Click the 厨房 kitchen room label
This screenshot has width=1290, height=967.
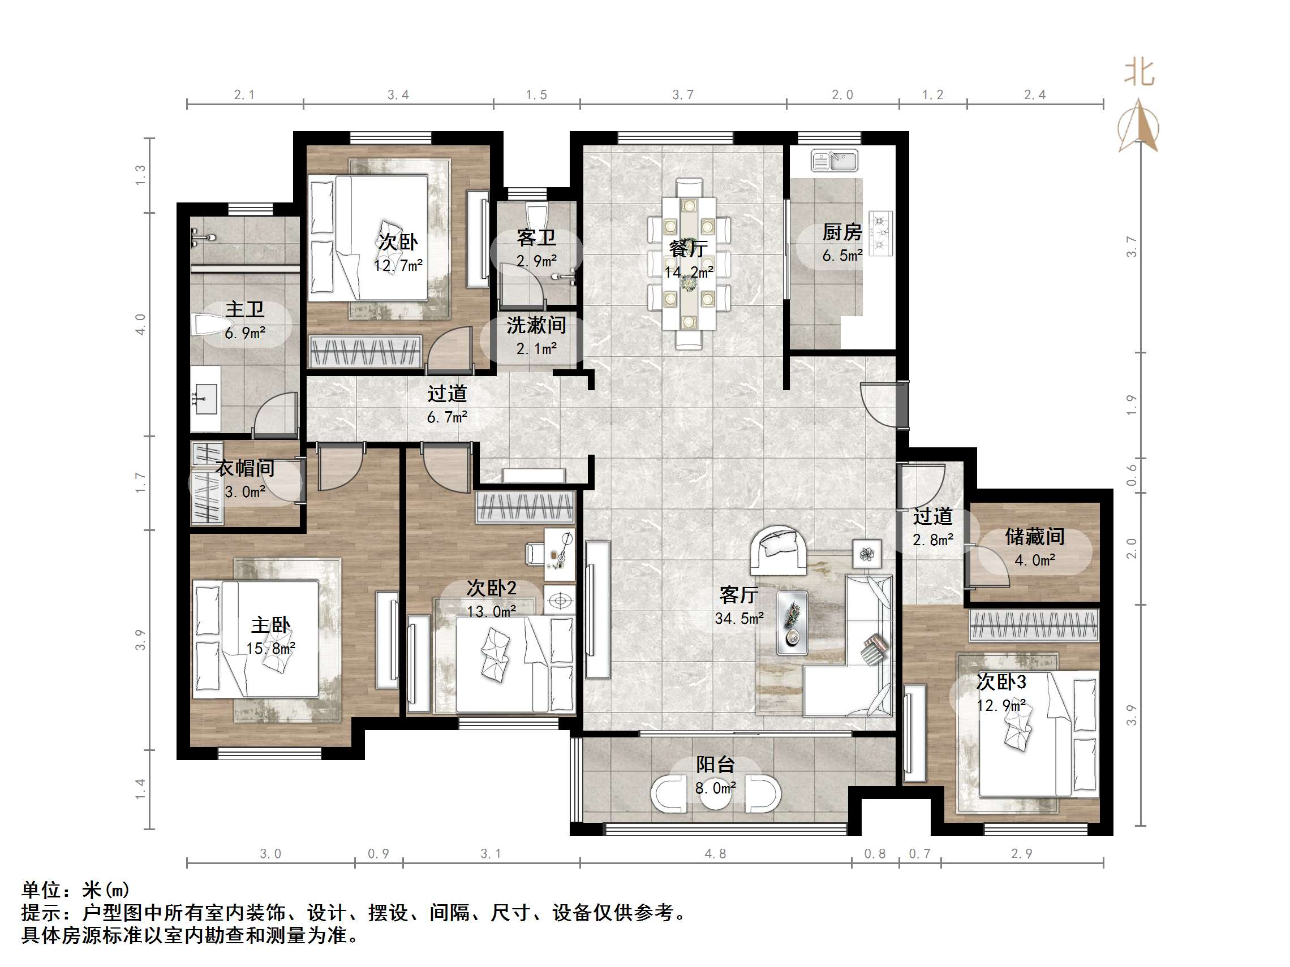(x=842, y=232)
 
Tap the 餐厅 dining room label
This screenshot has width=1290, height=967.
(x=689, y=249)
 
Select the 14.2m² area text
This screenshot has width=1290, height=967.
(x=689, y=272)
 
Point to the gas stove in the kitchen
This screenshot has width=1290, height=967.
(x=880, y=233)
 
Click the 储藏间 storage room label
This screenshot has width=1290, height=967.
(x=1035, y=537)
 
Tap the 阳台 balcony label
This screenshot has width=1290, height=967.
(x=715, y=765)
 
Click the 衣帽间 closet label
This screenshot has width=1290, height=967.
(x=245, y=468)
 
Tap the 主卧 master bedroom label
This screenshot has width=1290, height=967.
(x=270, y=625)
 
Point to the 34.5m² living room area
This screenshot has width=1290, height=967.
(x=739, y=618)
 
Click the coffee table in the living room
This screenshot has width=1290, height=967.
(x=792, y=622)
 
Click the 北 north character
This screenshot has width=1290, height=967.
(x=1139, y=74)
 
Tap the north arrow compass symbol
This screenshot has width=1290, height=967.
(x=1138, y=126)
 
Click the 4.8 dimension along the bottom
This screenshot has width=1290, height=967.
(x=715, y=854)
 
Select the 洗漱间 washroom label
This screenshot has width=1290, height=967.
(x=536, y=325)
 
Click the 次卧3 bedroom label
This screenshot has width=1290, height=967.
(x=1001, y=681)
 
